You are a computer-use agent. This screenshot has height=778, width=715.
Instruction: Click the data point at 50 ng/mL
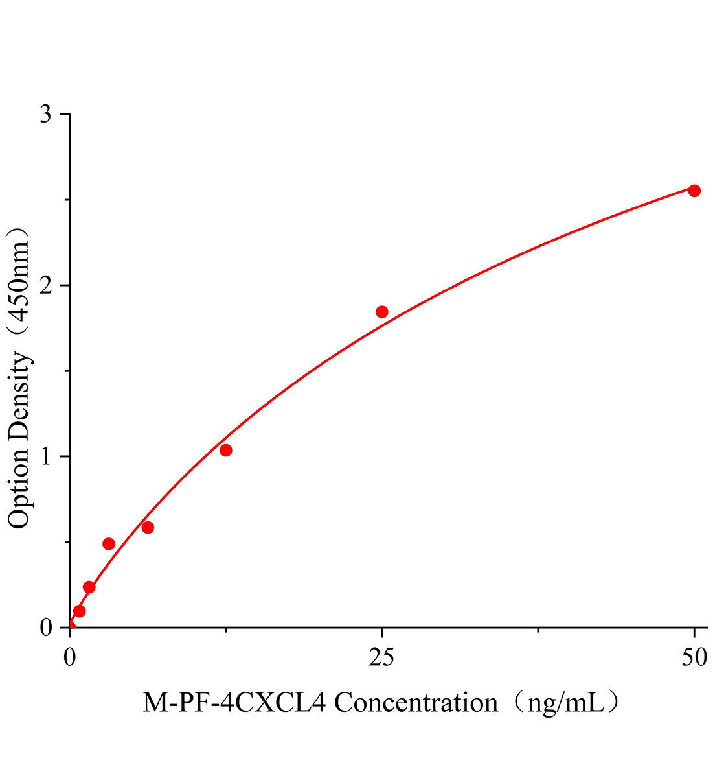coord(694,191)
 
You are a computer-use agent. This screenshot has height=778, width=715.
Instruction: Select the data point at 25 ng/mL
coord(382,312)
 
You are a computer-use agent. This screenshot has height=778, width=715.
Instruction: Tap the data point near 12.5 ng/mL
coord(226,451)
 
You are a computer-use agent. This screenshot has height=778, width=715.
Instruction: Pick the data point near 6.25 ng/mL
coord(148,527)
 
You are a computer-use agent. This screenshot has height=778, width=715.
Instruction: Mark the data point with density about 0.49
coord(109,544)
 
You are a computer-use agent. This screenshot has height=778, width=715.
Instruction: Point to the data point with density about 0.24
coord(89,587)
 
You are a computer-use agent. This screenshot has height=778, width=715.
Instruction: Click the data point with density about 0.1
coord(80,611)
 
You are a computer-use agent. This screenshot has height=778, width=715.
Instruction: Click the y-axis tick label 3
coord(46,115)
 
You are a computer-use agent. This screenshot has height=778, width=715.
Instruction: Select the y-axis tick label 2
coord(46,286)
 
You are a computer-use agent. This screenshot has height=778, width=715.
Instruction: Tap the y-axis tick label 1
coord(46,457)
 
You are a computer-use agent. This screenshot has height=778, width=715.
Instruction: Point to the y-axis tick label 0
coord(46,628)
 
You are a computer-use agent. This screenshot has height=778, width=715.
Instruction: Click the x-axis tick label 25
coord(382,658)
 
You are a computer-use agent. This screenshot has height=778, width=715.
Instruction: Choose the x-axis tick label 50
coord(694,658)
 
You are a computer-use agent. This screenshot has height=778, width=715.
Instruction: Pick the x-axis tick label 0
coord(70,658)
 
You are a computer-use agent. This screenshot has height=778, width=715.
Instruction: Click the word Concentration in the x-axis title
coord(415,702)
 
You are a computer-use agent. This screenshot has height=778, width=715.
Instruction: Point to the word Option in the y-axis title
coord(19,488)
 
